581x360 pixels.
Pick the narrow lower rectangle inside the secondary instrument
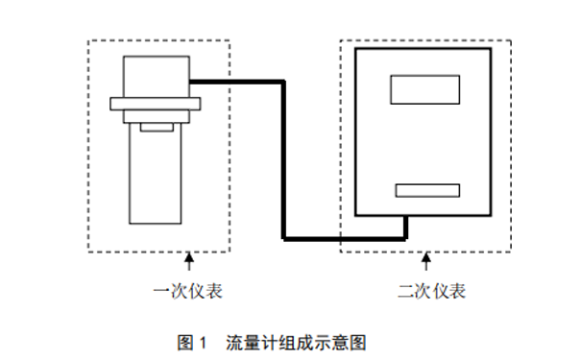425,189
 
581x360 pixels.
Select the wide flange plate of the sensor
155,103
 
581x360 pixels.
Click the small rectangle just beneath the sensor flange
155,127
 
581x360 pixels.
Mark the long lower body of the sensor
155,178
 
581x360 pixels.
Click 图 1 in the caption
193,342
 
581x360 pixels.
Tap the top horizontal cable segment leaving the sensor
235,81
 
